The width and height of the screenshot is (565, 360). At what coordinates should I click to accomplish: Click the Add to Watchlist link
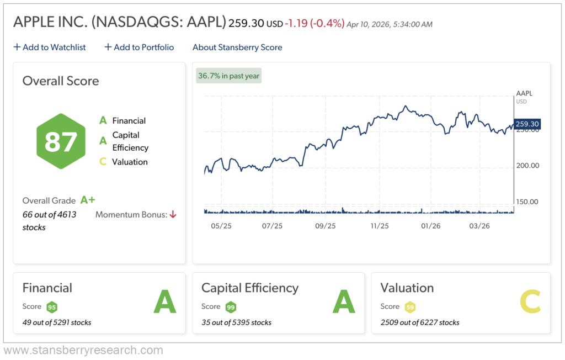tap(50, 47)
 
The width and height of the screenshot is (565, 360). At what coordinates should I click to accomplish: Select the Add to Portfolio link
tap(139, 47)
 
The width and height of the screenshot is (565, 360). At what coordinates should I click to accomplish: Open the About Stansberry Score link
tap(237, 47)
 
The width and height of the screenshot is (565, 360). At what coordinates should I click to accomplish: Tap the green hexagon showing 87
tap(61, 141)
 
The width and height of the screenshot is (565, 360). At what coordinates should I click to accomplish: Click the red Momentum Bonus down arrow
tap(173, 214)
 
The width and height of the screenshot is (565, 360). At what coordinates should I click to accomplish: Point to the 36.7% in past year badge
tap(228, 76)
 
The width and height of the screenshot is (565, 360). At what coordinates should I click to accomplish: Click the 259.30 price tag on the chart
tap(526, 124)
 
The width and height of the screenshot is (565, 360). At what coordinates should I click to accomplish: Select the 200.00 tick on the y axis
tap(526, 166)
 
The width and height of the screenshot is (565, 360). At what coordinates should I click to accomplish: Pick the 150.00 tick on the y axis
tap(526, 202)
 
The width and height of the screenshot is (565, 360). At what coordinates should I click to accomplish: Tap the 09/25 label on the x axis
tap(325, 226)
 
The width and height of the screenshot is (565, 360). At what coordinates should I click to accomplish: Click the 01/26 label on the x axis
tap(430, 226)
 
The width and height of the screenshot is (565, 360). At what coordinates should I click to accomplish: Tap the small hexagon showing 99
tap(231, 307)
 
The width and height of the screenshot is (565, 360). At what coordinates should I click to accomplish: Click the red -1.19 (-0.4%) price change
tap(315, 24)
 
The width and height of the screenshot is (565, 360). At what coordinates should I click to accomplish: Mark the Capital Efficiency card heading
tap(250, 288)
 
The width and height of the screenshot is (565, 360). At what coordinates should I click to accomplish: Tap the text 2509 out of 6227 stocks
tap(420, 322)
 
